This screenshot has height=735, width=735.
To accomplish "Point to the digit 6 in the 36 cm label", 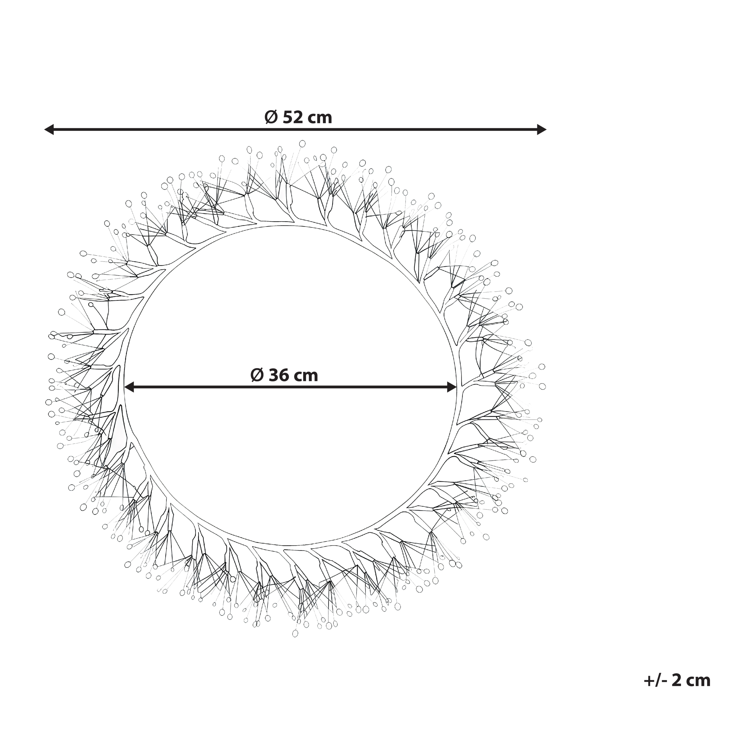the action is click(x=283, y=376).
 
